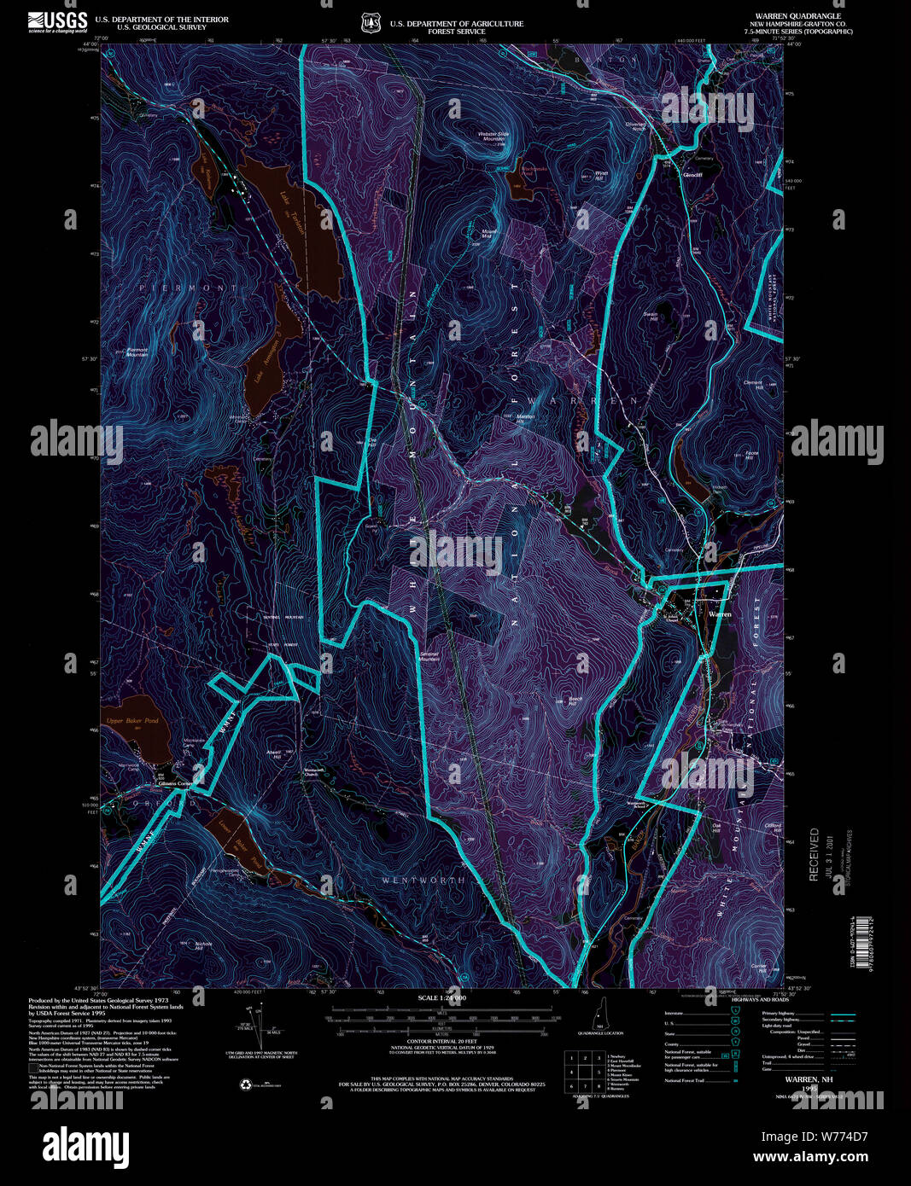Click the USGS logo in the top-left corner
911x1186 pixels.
click(57, 22)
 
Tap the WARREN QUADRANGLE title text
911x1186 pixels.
click(785, 16)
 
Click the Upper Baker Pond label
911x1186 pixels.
click(131, 721)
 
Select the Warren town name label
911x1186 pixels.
click(720, 613)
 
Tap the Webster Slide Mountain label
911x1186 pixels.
click(493, 137)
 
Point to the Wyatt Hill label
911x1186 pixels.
click(599, 176)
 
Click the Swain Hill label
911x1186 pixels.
click(650, 317)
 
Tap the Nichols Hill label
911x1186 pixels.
click(203, 945)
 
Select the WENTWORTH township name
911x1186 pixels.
click(423, 880)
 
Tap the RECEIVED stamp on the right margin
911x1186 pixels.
click(814, 853)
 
